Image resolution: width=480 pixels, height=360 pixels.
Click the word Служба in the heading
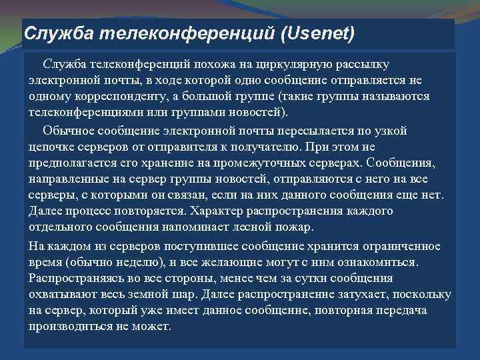tap(51, 33)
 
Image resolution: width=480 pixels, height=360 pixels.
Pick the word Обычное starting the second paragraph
tap(67, 129)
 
